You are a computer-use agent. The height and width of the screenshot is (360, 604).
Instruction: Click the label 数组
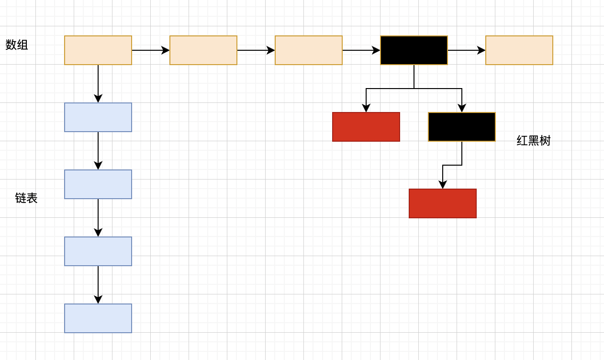click(17, 45)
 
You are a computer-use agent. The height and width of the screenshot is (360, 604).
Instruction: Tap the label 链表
click(26, 198)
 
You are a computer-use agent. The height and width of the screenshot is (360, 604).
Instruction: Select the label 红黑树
click(534, 141)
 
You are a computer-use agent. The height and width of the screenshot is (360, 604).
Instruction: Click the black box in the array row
click(414, 50)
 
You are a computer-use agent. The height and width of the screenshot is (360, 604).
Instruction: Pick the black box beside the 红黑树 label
click(462, 127)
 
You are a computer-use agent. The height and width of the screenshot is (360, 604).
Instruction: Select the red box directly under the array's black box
click(366, 127)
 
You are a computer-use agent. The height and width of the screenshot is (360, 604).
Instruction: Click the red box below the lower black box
click(443, 203)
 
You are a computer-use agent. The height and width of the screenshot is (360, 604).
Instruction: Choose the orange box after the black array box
click(519, 50)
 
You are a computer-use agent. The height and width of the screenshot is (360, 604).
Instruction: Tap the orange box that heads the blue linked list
click(98, 50)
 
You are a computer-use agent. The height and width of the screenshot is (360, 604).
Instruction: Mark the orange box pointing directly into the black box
click(309, 50)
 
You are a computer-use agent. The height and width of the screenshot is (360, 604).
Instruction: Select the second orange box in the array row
click(203, 50)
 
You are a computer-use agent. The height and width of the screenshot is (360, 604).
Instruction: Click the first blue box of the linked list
click(98, 117)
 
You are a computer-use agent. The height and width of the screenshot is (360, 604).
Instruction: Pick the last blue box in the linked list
click(98, 318)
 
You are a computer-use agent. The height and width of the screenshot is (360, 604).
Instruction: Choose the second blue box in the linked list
click(98, 184)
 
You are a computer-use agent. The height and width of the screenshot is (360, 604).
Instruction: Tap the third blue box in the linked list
click(98, 251)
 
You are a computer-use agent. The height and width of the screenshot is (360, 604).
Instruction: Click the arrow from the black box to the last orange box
click(467, 50)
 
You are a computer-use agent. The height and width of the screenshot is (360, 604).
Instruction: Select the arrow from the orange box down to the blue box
click(98, 84)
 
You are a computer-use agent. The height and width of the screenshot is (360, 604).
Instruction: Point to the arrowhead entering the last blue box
click(98, 300)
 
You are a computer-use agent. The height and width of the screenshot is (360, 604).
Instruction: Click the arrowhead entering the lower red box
click(443, 185)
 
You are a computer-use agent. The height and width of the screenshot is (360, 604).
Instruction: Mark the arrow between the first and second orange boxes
click(151, 50)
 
